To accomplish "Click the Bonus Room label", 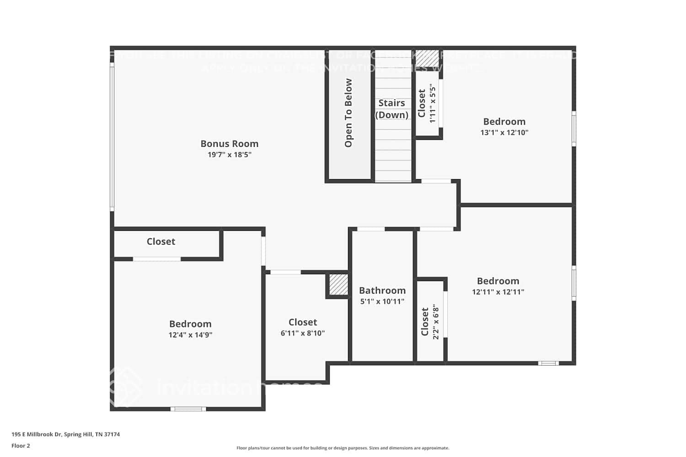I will pyautogui.click(x=229, y=143).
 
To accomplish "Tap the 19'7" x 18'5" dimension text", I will pyautogui.click(x=229, y=155).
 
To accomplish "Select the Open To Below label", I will pyautogui.click(x=348, y=113).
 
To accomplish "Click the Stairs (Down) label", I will pyautogui.click(x=391, y=109).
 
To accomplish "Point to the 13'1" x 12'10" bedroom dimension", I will pyautogui.click(x=504, y=133).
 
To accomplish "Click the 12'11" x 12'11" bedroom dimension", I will pyautogui.click(x=498, y=292).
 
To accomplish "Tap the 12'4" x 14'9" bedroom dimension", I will pyautogui.click(x=190, y=335).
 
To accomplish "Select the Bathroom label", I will pyautogui.click(x=382, y=291).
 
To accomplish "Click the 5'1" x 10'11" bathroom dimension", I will pyautogui.click(x=382, y=302).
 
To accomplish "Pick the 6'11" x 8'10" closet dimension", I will pyautogui.click(x=302, y=333).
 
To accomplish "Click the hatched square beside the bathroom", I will pyautogui.click(x=338, y=285).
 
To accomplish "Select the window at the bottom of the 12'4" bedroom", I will pyautogui.click(x=188, y=409).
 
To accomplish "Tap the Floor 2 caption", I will pyautogui.click(x=21, y=446).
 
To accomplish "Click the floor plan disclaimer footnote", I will pyautogui.click(x=343, y=448).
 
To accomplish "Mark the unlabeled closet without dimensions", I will pyautogui.click(x=161, y=242).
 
